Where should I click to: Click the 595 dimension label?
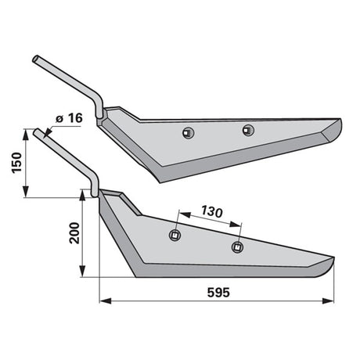coord(218,293)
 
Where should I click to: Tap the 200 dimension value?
coord(74,233)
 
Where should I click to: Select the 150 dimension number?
coord(16,163)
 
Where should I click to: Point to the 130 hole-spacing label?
coord(212,211)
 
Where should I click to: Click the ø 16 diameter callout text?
coord(69,118)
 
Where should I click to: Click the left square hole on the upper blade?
coord(188,133)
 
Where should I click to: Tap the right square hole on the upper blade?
coord(248,130)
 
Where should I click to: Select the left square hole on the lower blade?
coord(175,236)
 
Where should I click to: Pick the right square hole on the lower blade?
coord(237,247)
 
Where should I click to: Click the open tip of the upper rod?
coord(35,59)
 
